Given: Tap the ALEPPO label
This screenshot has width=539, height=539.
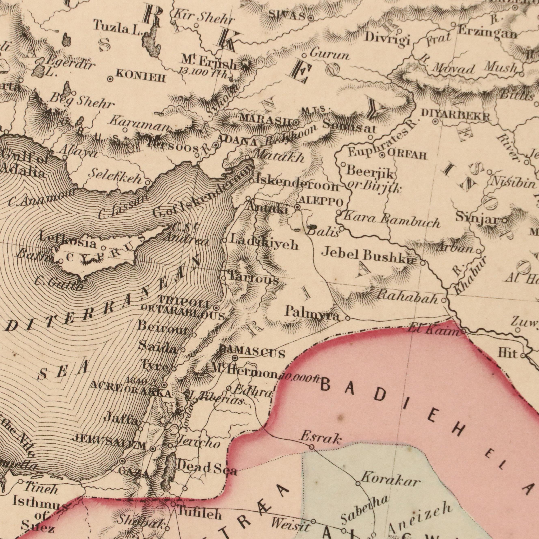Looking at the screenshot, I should (321, 202).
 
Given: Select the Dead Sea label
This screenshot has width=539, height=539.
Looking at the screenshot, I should (207, 468).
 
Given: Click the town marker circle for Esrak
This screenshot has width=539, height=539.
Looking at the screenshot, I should (312, 447).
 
